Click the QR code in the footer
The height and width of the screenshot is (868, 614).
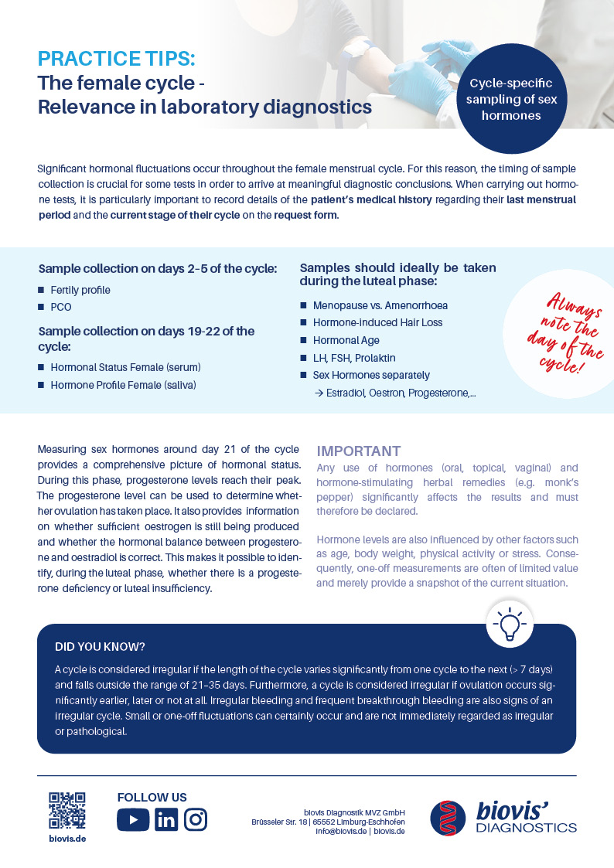pos(67,810)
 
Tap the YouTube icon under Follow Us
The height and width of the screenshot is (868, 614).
pos(133,819)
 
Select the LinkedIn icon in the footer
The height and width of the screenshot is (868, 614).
pos(165,819)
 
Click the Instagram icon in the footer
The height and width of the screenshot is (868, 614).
pos(196,819)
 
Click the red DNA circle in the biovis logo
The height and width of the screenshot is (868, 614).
pos(449,818)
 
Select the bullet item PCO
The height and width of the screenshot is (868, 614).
pos(60,307)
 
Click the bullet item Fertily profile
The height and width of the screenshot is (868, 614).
pos(80,290)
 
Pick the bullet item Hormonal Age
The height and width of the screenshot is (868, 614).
pos(346,340)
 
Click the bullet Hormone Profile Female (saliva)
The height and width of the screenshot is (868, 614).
pos(123,384)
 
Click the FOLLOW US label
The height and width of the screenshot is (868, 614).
pos(152,797)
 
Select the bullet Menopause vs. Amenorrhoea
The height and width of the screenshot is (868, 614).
pos(380,305)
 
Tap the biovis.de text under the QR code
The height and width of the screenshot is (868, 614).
pos(67,839)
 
